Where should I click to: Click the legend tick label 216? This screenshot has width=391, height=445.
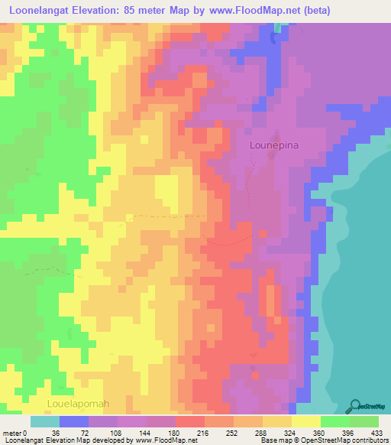click(202, 432)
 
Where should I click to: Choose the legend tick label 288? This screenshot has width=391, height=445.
click(260, 432)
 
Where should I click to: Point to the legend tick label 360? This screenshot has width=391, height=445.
click(318, 432)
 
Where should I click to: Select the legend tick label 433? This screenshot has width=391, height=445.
click(376, 432)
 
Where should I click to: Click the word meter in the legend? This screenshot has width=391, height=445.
click(13, 432)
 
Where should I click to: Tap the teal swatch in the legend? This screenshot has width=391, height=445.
click(44, 421)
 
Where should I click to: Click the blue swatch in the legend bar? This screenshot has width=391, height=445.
click(73, 421)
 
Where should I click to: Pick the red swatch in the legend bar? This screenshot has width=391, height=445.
click(189, 421)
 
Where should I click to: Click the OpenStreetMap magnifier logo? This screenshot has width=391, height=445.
click(357, 405)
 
